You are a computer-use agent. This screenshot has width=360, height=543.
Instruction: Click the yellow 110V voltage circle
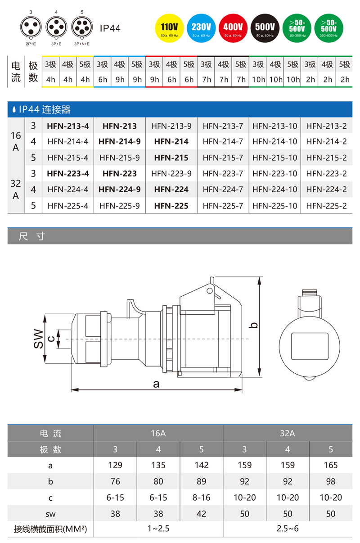pyautogui.click(x=169, y=28)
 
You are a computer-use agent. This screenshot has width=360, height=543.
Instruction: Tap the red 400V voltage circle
pyautogui.click(x=233, y=28)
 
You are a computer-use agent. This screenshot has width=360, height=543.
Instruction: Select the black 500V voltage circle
pyautogui.click(x=265, y=28)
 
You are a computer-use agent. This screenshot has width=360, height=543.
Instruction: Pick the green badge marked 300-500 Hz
pyautogui.click(x=329, y=28)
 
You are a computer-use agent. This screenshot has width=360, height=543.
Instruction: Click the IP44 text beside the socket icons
pyautogui.click(x=110, y=28)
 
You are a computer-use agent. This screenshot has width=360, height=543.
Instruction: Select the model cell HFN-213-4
pyautogui.click(x=68, y=126)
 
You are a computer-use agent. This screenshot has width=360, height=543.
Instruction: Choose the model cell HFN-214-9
pyautogui.click(x=120, y=141)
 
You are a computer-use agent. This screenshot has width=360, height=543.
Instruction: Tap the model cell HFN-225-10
pyautogui.click(x=274, y=206)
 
